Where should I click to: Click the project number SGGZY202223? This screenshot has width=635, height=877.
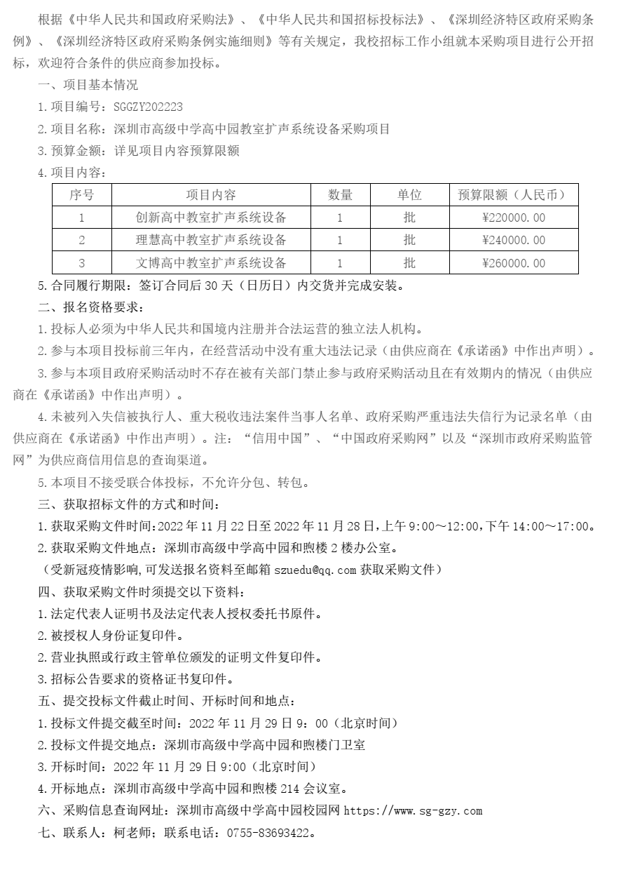tap(148, 107)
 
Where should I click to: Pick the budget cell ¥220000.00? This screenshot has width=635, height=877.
tap(513, 217)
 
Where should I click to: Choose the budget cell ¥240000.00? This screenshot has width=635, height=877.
tap(513, 241)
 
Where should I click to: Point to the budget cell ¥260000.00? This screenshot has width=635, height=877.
tap(513, 263)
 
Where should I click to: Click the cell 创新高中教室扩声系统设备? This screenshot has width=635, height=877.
tap(211, 217)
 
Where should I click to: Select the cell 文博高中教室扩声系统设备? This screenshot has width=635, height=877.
tap(211, 263)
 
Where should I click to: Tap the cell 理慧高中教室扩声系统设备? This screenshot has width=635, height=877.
tap(211, 241)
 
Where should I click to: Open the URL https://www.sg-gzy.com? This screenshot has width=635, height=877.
tap(412, 811)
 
